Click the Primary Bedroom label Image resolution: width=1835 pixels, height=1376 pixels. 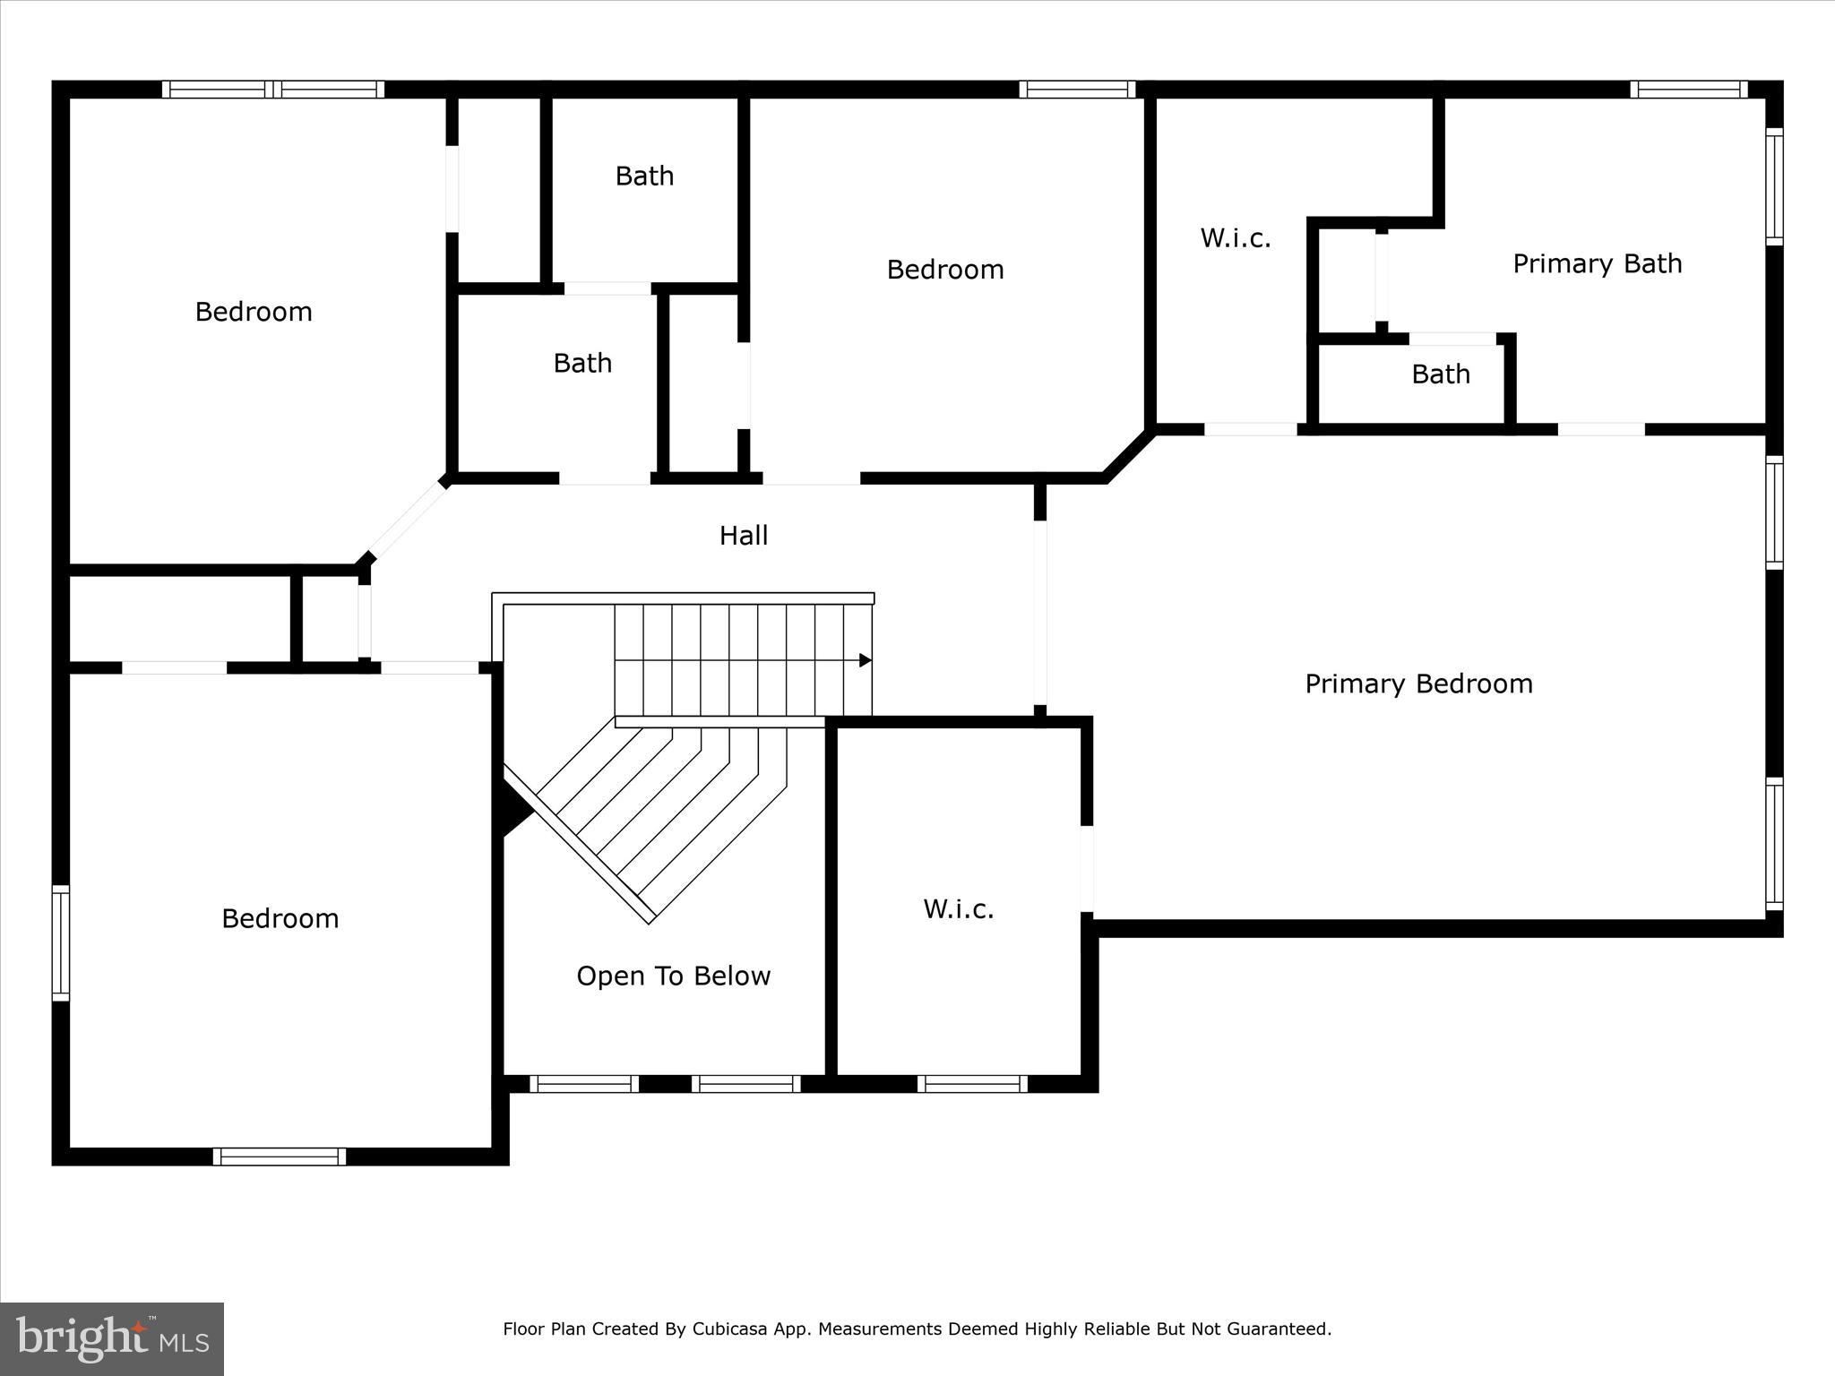(x=1418, y=684)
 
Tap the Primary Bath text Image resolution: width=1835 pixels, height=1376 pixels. (x=1597, y=264)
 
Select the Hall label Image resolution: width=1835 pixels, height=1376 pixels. (x=744, y=536)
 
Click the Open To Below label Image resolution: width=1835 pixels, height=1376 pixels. (x=673, y=976)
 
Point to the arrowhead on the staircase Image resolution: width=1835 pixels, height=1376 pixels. (x=866, y=660)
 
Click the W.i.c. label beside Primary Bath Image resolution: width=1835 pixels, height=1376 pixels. (x=1236, y=238)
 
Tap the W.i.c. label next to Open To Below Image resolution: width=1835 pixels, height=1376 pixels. (x=959, y=909)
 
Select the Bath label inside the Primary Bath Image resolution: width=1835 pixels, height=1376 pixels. (x=1441, y=374)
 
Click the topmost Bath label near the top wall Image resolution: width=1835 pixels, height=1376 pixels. (x=644, y=176)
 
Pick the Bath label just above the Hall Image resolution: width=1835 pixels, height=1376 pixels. (x=582, y=364)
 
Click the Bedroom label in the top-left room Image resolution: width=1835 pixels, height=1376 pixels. (x=254, y=312)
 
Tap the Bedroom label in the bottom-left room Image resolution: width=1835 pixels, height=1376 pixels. (x=280, y=919)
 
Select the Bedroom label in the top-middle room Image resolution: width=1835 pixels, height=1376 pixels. (x=944, y=270)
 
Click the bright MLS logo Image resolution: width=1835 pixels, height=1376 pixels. (x=112, y=1339)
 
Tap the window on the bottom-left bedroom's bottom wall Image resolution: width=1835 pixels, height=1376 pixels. (x=280, y=1156)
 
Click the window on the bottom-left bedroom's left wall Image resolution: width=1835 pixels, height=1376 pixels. (x=60, y=942)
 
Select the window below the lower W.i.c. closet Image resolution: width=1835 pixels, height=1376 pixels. (x=972, y=1084)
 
